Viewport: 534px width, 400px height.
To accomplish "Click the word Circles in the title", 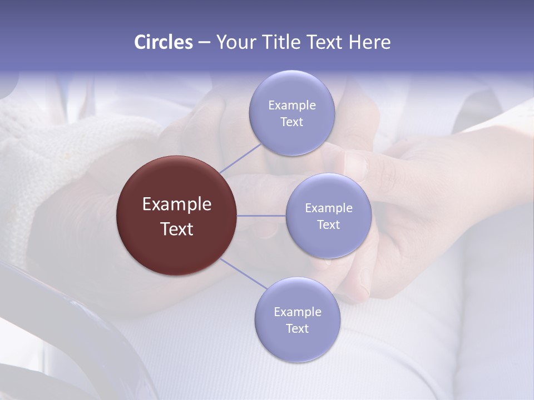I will coord(164,42).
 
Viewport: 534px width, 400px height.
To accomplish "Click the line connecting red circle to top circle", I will coord(240,158).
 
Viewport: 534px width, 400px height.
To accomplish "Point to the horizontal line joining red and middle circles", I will coord(261,216).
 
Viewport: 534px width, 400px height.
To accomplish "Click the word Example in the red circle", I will coord(177,204).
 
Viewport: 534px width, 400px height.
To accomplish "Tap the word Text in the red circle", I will coord(177,229).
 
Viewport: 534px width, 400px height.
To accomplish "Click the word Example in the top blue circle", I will coord(291,106).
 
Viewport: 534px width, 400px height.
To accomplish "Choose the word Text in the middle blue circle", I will coord(328,224).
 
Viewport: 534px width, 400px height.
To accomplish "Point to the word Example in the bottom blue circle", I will coord(297,312).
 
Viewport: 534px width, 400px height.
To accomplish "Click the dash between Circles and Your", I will coord(204,42).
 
